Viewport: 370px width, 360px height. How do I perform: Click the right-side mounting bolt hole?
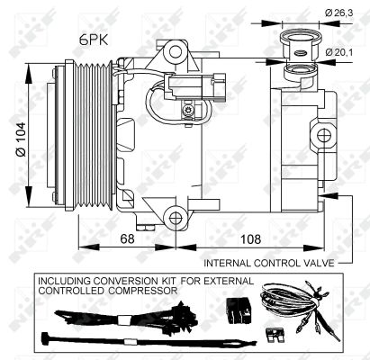322,135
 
